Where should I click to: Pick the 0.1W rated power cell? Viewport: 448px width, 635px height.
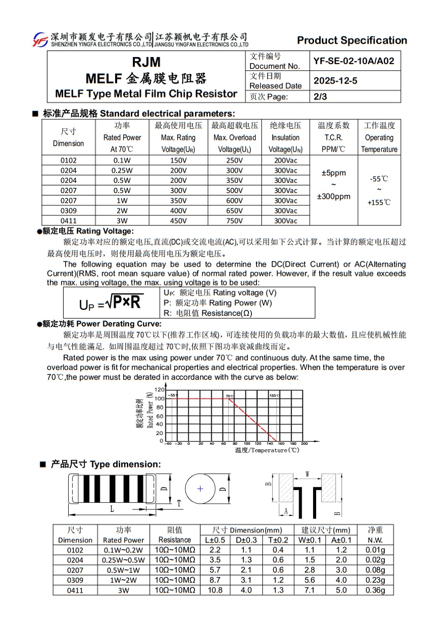coord(122,160)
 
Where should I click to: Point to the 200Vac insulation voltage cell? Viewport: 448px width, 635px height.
coord(285,160)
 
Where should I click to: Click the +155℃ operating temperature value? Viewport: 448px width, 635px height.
coord(379,203)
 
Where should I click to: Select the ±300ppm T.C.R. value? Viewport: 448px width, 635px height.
coord(333,196)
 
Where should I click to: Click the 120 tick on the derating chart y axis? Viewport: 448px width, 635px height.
coord(159,389)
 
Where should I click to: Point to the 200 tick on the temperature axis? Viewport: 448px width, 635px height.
coord(304,444)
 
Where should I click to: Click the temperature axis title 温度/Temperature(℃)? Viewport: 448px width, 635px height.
coord(267,450)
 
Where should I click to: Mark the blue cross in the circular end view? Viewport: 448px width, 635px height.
coord(200,488)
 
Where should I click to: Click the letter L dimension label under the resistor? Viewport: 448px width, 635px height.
coord(112,508)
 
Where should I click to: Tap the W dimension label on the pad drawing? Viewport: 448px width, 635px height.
coord(307,474)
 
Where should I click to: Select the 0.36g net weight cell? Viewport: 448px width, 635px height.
coord(375,590)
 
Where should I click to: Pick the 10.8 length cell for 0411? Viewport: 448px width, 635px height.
coord(215,590)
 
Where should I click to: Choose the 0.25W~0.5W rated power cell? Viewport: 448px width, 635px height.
coord(123,560)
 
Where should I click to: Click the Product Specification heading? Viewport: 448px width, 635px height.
coord(352,40)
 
